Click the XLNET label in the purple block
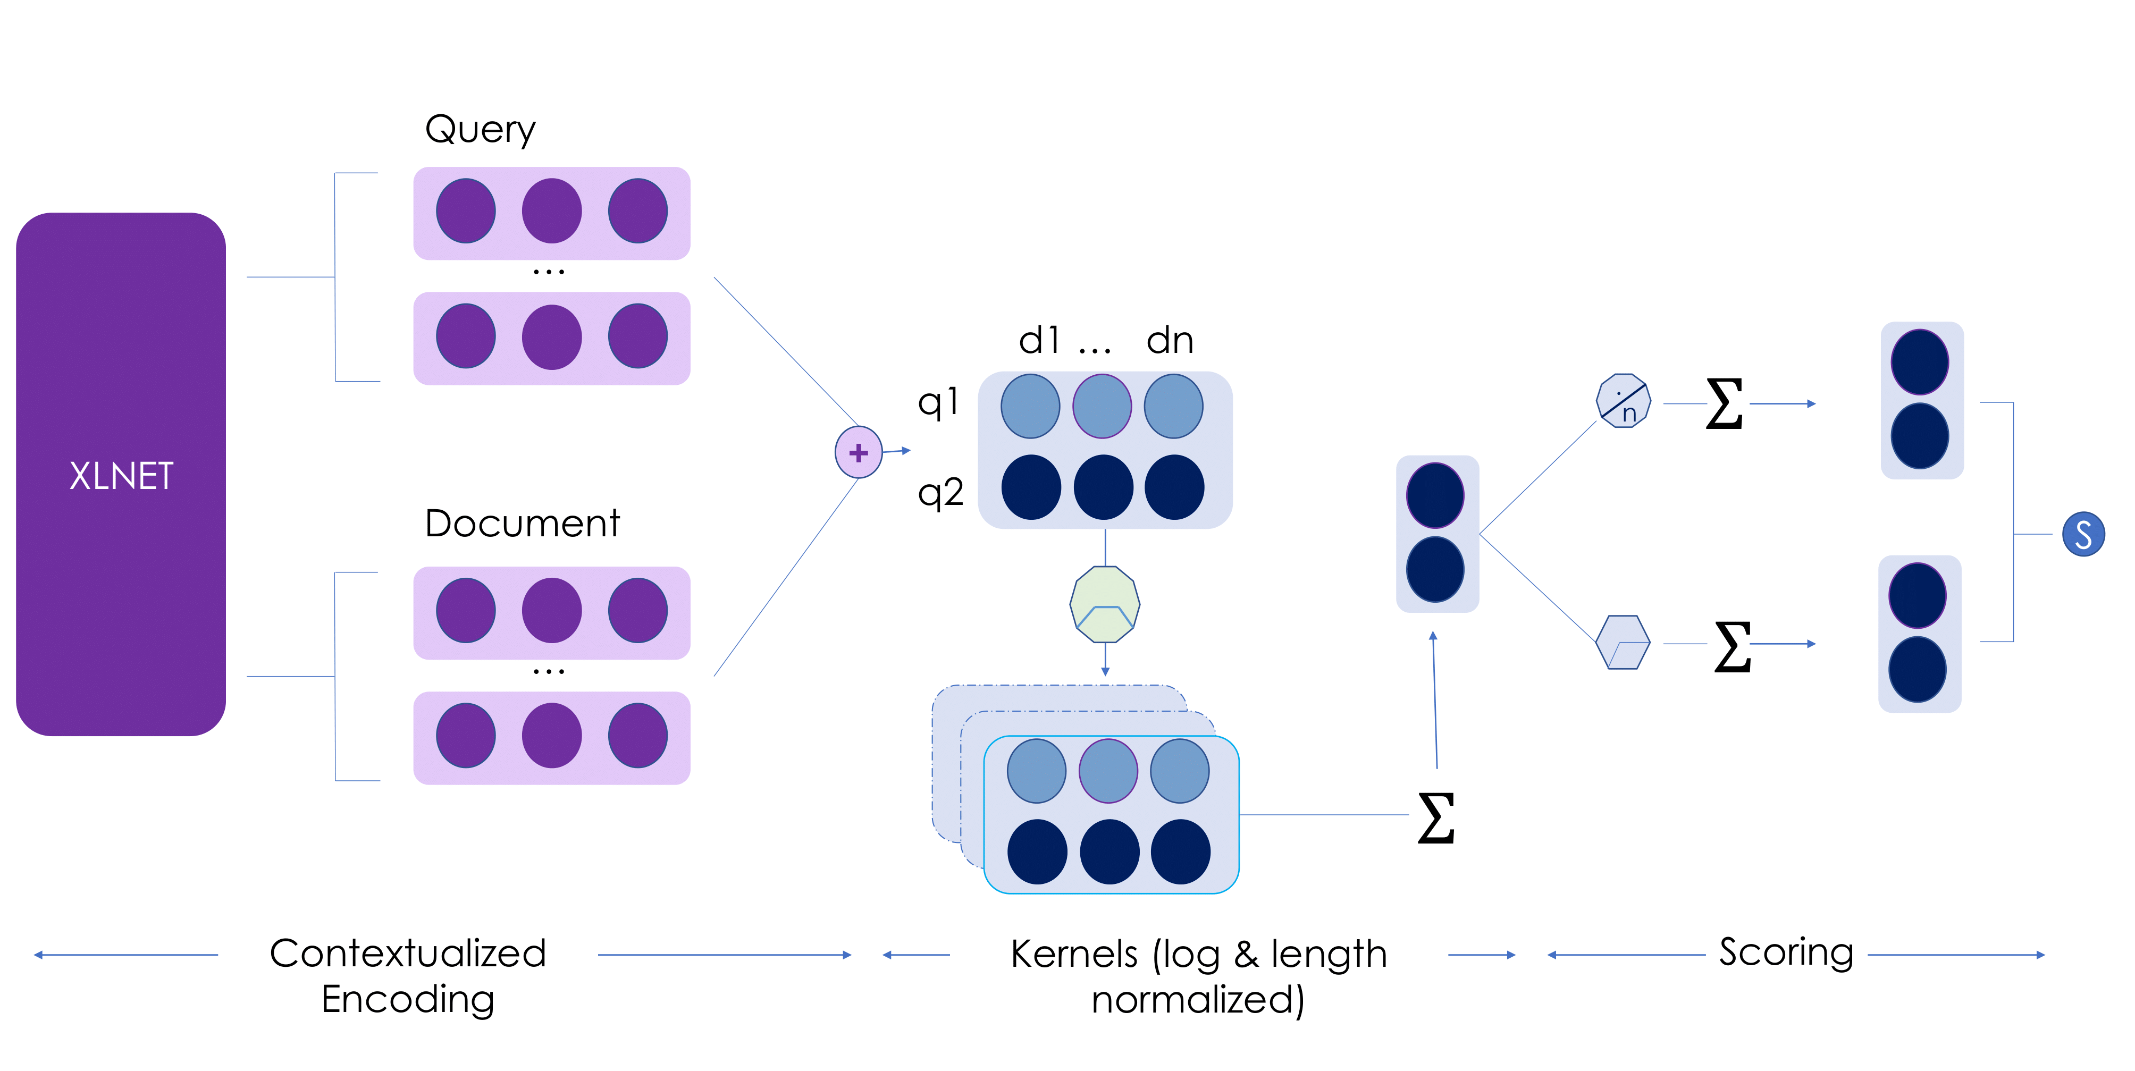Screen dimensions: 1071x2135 (121, 476)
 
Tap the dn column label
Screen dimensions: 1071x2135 (1170, 341)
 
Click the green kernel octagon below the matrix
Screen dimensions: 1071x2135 (1104, 604)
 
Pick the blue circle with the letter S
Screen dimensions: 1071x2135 (2083, 534)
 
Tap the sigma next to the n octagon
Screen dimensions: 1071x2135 (1724, 404)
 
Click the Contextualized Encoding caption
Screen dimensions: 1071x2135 (408, 976)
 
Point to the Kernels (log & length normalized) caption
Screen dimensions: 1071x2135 (1198, 976)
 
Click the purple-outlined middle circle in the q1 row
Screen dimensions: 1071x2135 (1102, 406)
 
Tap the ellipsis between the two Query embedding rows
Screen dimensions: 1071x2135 (549, 271)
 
